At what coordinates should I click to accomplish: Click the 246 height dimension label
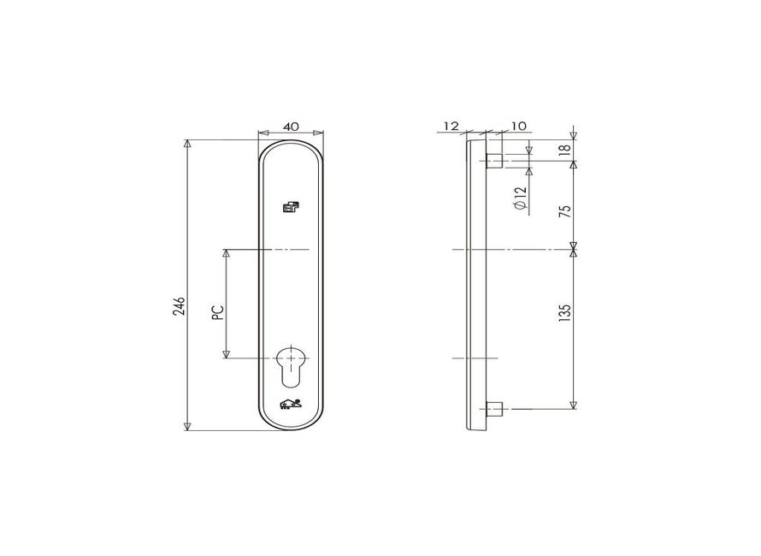[179, 305]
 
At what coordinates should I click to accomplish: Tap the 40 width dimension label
[290, 127]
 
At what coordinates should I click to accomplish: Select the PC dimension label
[219, 312]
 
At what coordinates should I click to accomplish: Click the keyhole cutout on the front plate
[290, 367]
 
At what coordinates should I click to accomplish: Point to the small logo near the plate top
[290, 207]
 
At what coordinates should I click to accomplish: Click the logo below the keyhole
[290, 404]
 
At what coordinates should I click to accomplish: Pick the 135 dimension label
[565, 313]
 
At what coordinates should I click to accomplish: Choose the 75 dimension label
[565, 211]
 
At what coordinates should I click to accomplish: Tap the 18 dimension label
[565, 150]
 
